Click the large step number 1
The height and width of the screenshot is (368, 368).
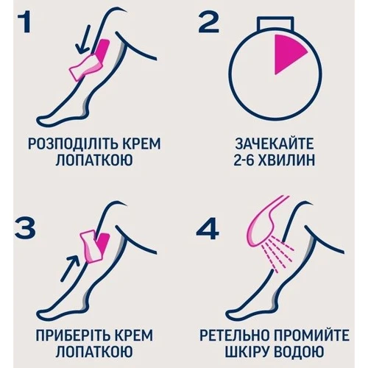(24, 23)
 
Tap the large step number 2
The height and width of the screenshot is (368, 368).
(208, 23)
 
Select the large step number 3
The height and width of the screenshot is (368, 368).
(25, 228)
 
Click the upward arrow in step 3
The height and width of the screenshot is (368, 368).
(71, 268)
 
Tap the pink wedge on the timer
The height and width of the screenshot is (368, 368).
(289, 54)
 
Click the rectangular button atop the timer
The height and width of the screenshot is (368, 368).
(275, 24)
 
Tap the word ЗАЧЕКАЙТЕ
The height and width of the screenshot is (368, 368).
(275, 144)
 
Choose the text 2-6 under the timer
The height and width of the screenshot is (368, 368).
(243, 160)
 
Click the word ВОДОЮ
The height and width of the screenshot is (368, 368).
(299, 352)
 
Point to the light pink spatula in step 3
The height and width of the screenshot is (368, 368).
(91, 245)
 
